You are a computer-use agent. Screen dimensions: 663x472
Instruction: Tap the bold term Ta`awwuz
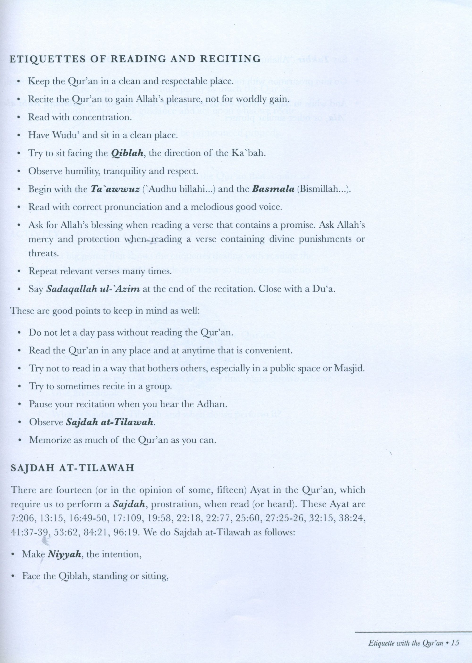coord(115,189)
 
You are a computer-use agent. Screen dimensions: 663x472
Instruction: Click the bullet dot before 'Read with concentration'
coord(19,118)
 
